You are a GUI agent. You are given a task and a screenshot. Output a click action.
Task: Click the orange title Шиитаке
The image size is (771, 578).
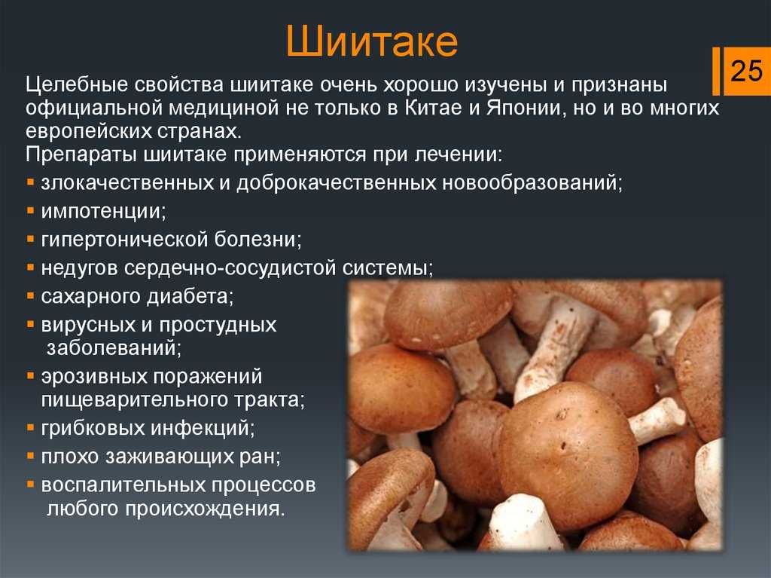pyautogui.click(x=372, y=41)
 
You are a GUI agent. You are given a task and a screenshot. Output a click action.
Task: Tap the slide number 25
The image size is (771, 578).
pyautogui.click(x=746, y=71)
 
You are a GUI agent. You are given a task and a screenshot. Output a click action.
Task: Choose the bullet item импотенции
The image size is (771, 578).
pyautogui.click(x=103, y=212)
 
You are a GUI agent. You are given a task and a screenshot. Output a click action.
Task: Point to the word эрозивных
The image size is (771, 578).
pyautogui.click(x=93, y=377)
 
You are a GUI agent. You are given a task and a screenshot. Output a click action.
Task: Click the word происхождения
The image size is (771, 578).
pyautogui.click(x=206, y=509)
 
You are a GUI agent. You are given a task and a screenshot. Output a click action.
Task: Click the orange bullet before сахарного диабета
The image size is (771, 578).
pyautogui.click(x=30, y=296)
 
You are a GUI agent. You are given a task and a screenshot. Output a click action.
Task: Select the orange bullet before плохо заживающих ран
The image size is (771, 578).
pyautogui.click(x=30, y=457)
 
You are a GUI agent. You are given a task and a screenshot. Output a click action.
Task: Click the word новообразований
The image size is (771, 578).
pyautogui.click(x=532, y=183)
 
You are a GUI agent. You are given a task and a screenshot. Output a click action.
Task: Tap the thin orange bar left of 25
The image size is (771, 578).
pyautogui.click(x=716, y=72)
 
